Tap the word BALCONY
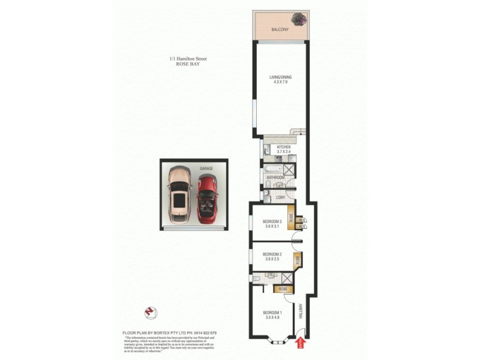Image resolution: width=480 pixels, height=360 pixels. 280,29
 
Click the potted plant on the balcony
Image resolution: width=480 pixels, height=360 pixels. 299,19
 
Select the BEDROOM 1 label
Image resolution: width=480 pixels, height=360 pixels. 272,313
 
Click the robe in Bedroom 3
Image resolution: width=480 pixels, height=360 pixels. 291,217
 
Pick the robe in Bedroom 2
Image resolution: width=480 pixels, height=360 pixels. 296,259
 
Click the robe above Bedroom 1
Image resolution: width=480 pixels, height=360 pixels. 283,289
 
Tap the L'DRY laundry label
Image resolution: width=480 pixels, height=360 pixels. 280,197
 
